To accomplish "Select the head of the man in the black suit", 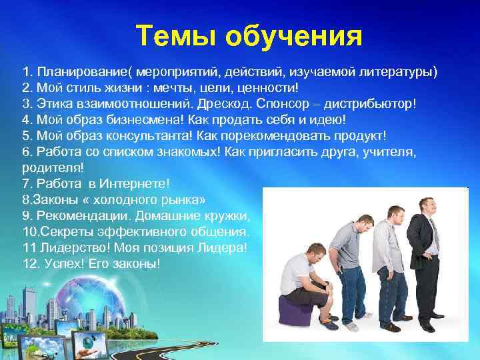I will (425, 203).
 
